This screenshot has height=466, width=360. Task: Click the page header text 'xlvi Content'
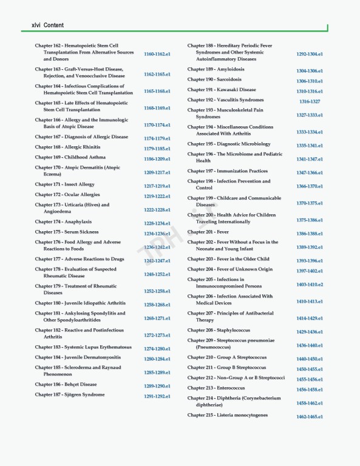tap(43, 25)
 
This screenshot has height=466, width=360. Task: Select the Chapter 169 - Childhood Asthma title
tap(70, 157)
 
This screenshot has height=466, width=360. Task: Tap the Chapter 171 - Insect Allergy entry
tap(64, 184)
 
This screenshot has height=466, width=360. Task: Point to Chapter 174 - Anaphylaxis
tap(63, 222)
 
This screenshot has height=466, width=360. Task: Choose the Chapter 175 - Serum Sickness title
tap(66, 232)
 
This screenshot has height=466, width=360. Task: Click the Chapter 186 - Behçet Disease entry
tap(66, 385)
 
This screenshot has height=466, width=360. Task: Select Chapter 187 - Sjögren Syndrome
tap(69, 395)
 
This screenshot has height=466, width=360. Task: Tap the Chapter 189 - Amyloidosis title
tap(216, 69)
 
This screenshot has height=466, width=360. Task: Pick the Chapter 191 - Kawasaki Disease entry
tap(222, 90)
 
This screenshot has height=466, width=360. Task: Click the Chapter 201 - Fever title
tap(208, 232)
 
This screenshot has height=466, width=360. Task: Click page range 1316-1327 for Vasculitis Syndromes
tap(310, 101)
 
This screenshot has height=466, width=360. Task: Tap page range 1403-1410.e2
tap(310, 285)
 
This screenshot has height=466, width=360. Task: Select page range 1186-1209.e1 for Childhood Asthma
tap(157, 159)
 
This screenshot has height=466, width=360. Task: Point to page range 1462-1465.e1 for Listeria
tap(310, 417)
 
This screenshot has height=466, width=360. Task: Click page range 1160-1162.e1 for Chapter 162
tap(157, 54)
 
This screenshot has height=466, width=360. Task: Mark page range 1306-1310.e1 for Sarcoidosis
tap(310, 81)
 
